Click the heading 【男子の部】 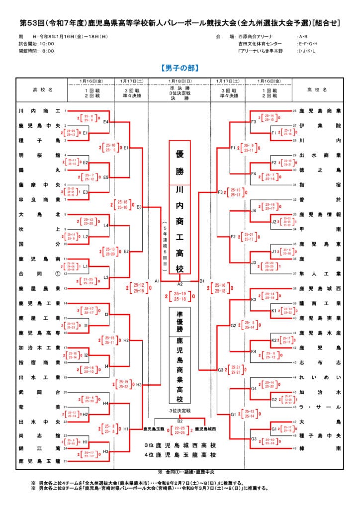(x=180, y=68)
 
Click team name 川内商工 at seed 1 (x=39, y=111)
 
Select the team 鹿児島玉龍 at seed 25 (x=39, y=461)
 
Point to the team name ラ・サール (x=320, y=407)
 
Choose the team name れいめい (x=320, y=378)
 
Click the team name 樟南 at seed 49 (x=320, y=448)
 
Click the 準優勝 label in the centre (x=180, y=322)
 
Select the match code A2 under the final (x=180, y=283)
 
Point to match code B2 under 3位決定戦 (x=180, y=421)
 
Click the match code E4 (x=106, y=121)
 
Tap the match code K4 (x=254, y=351)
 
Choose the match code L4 (x=106, y=226)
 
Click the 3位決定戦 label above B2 (x=180, y=411)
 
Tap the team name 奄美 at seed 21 (x=39, y=407)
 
